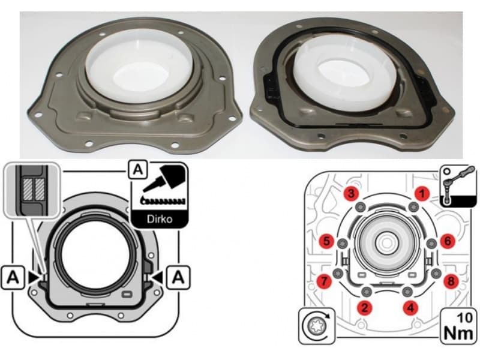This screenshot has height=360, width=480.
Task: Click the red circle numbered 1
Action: coord(423,193)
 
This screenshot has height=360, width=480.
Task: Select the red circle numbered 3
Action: coord(352,193)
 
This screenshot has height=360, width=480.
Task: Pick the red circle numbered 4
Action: coord(410,308)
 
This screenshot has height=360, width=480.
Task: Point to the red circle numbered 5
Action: coord(327,241)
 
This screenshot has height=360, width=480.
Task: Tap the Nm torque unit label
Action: coord(457,331)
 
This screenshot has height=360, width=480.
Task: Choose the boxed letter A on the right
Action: coord(176,277)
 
